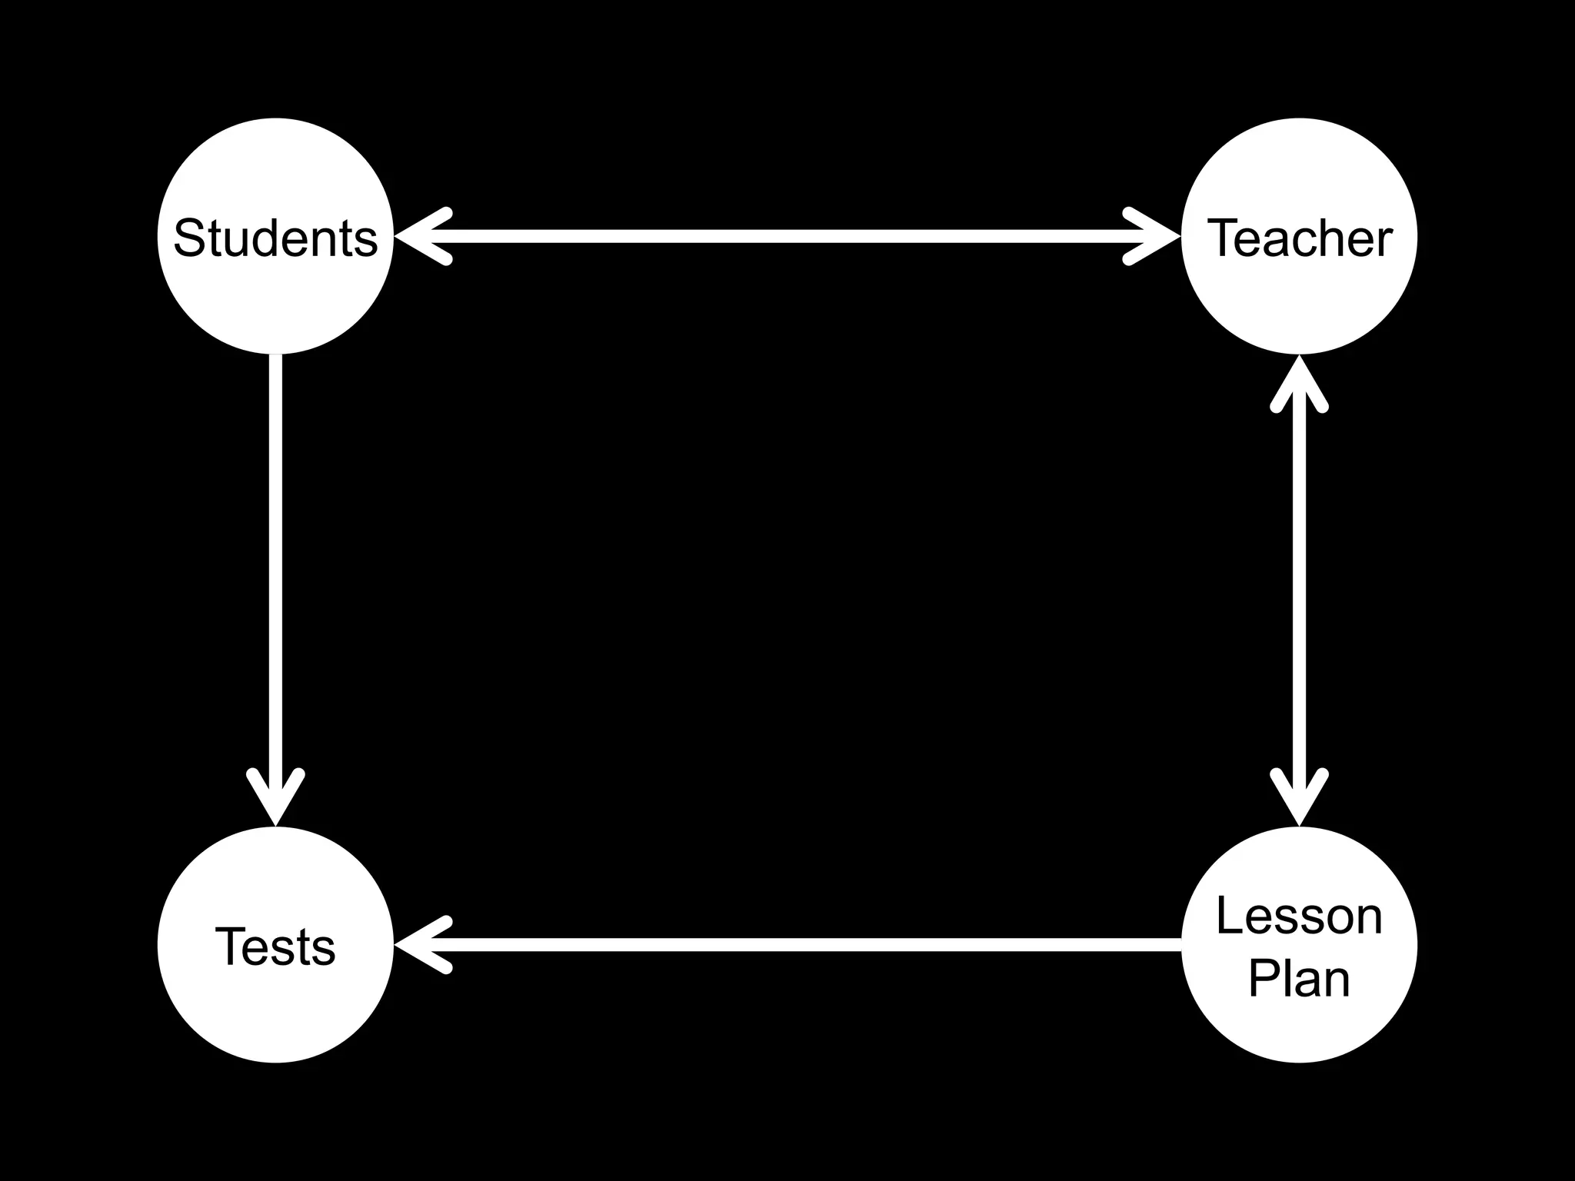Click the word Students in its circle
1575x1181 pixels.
[x=275, y=238]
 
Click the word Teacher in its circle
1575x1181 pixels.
[x=1300, y=238]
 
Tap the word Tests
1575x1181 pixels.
[x=275, y=946]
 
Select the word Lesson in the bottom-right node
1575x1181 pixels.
[x=1299, y=917]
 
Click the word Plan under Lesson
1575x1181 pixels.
[x=1299, y=978]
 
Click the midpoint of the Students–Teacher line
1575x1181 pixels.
[x=787, y=237]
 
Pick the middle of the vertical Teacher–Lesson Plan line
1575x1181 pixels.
[x=1300, y=590]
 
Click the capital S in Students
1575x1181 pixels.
[x=188, y=238]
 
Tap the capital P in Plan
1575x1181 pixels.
[x=1263, y=978]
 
